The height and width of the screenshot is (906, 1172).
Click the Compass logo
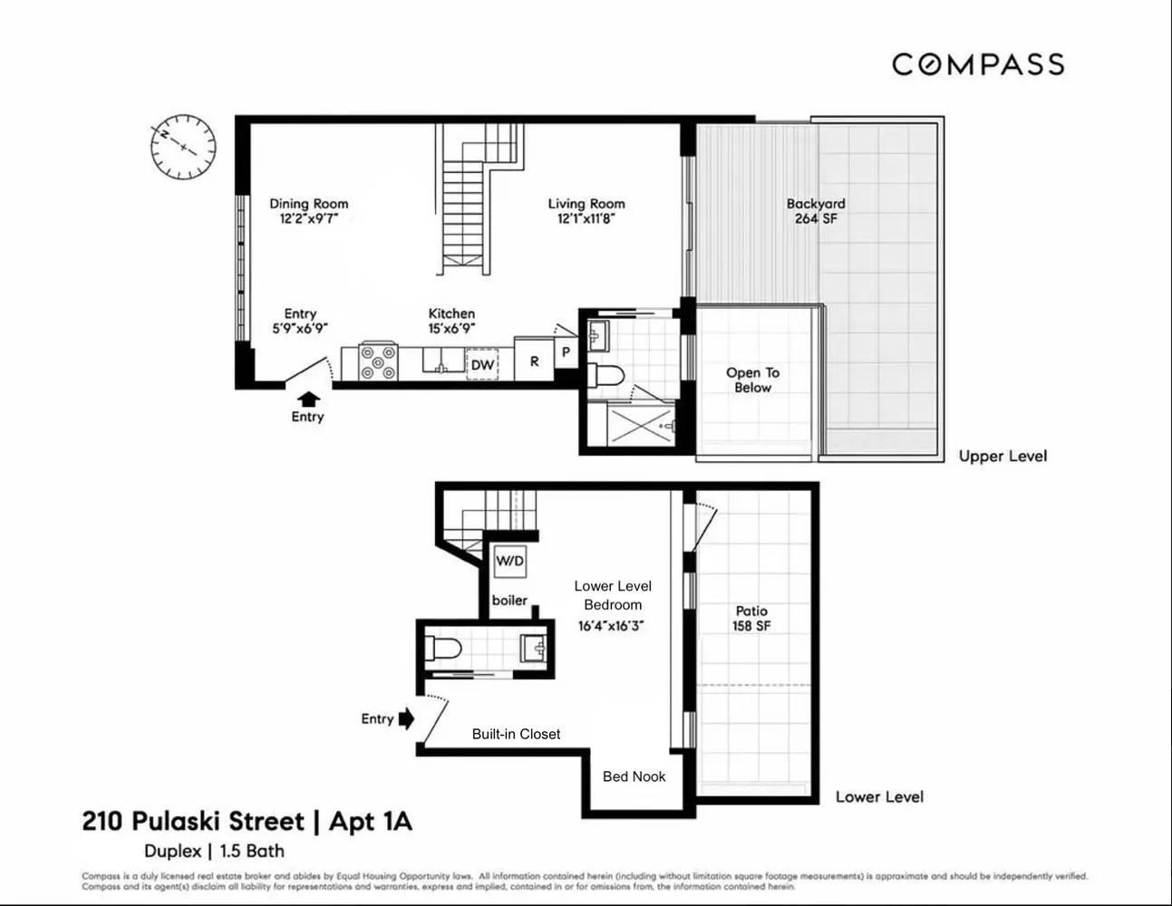click(977, 64)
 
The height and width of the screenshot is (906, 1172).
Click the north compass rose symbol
click(183, 146)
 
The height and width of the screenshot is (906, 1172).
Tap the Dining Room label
click(308, 204)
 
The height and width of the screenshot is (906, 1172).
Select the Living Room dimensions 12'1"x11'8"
click(586, 218)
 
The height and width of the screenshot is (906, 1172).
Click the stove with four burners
click(378, 361)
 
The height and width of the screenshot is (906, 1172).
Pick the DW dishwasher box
click(482, 364)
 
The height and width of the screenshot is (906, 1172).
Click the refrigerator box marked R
click(534, 361)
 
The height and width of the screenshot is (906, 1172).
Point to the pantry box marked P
click(566, 352)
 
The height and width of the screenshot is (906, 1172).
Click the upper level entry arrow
click(308, 398)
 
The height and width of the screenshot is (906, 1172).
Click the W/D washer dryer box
click(509, 562)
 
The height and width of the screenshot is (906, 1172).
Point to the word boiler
click(509, 600)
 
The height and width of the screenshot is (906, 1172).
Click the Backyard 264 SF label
click(815, 211)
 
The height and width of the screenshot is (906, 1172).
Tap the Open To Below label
click(752, 380)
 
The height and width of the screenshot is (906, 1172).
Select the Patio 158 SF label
click(751, 618)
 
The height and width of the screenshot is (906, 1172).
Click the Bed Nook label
click(634, 776)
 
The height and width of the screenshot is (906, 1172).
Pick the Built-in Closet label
click(516, 734)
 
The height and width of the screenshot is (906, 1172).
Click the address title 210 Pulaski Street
click(193, 822)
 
